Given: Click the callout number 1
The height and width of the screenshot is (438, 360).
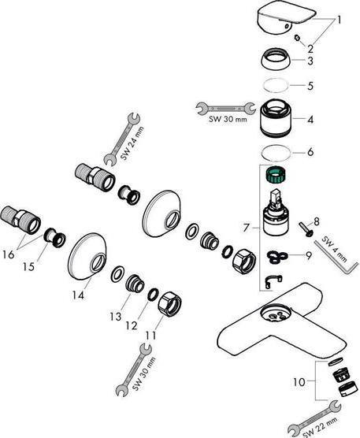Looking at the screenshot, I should point(341,18).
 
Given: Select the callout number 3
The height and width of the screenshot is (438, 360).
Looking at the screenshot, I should point(310,61).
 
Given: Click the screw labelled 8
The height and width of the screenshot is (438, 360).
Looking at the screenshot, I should point(305,232).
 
